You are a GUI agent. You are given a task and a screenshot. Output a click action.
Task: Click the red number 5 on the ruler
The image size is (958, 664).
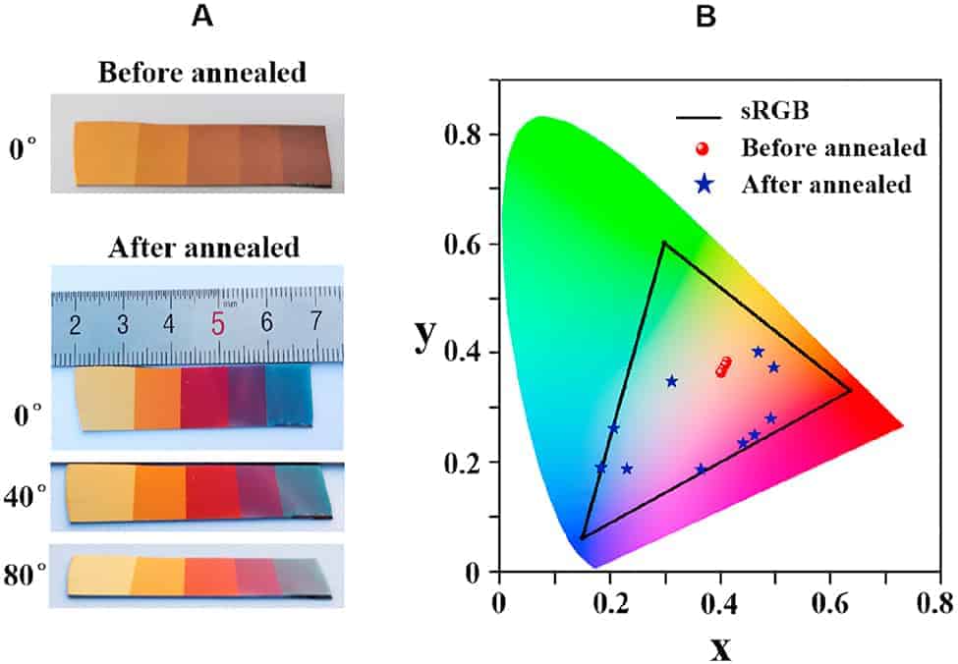click(218, 324)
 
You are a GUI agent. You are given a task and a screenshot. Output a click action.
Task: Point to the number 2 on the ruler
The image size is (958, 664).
click(75, 324)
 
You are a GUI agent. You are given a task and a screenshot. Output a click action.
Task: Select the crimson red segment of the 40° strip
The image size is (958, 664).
click(208, 491)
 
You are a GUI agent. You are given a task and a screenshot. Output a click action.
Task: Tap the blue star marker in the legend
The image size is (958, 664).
click(700, 183)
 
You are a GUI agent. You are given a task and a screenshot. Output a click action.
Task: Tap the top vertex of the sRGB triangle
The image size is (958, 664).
click(664, 243)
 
